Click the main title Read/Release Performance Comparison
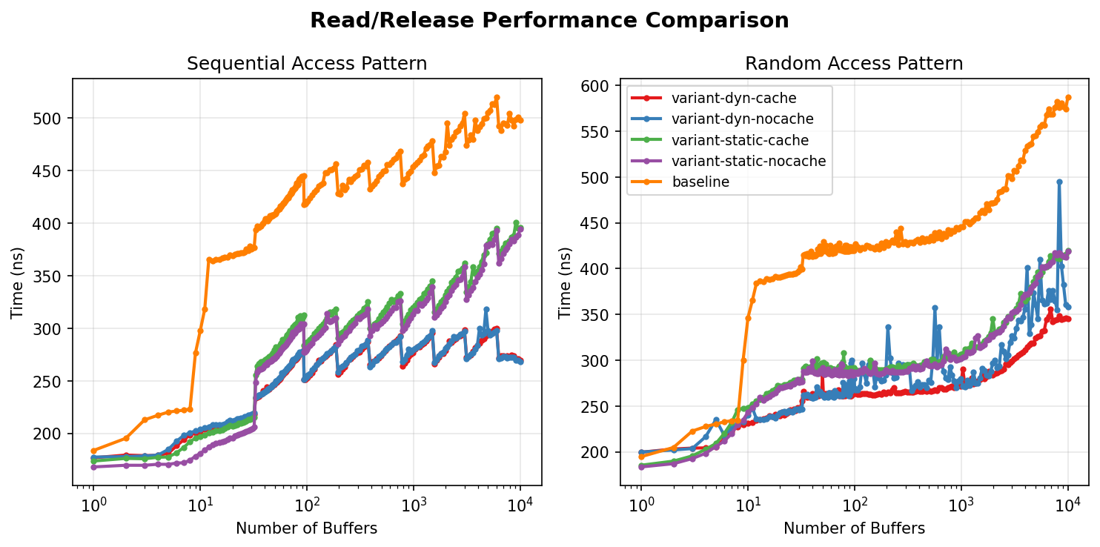pyautogui.click(x=549, y=21)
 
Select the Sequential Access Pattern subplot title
pyautogui.click(x=307, y=64)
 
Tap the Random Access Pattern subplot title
pyautogui.click(x=854, y=64)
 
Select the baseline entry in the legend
pyautogui.click(x=700, y=182)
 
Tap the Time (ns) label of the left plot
pyautogui.click(x=18, y=282)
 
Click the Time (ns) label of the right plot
pyautogui.click(x=566, y=282)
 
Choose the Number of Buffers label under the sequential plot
pyautogui.click(x=307, y=528)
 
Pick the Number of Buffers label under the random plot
pyautogui.click(x=854, y=528)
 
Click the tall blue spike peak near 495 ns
pyautogui.click(x=1059, y=182)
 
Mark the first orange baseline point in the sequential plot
pyautogui.click(x=93, y=451)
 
